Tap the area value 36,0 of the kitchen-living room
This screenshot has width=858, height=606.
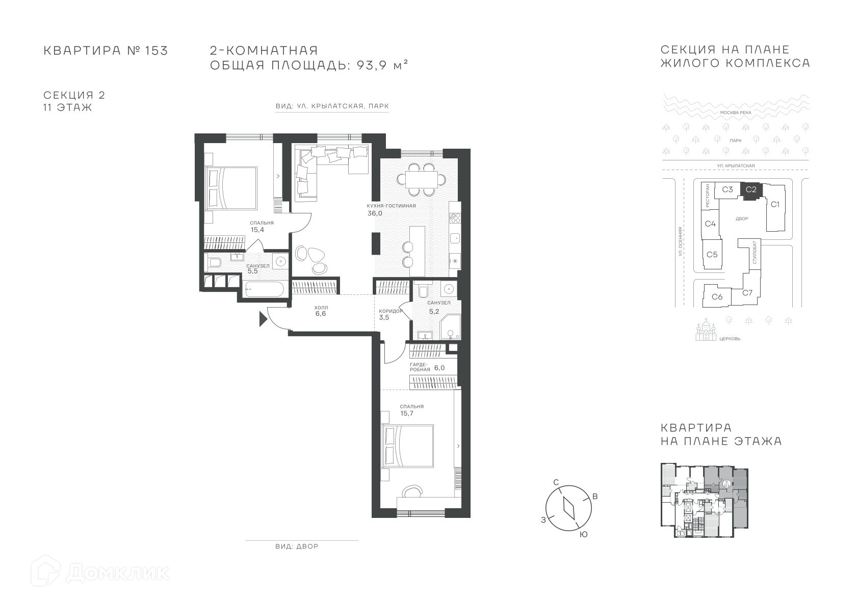point(375,213)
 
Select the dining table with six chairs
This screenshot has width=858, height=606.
point(421,179)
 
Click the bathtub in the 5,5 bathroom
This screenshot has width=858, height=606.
point(264,289)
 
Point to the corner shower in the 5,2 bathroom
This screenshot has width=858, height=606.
point(451,327)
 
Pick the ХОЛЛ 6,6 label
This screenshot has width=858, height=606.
point(321,311)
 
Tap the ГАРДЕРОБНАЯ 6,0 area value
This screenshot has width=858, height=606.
point(439,368)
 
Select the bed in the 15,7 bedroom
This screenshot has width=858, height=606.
point(407,446)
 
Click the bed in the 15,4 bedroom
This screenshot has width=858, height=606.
point(230,188)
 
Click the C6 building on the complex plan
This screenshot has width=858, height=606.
point(717,296)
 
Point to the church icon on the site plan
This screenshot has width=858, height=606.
point(706,330)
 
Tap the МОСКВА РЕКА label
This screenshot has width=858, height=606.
point(736,113)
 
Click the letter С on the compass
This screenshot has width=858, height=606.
point(556,482)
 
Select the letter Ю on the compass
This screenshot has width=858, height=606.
point(584,535)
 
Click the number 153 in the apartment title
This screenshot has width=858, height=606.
point(157,50)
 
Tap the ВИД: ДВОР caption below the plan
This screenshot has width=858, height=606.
point(297,546)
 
